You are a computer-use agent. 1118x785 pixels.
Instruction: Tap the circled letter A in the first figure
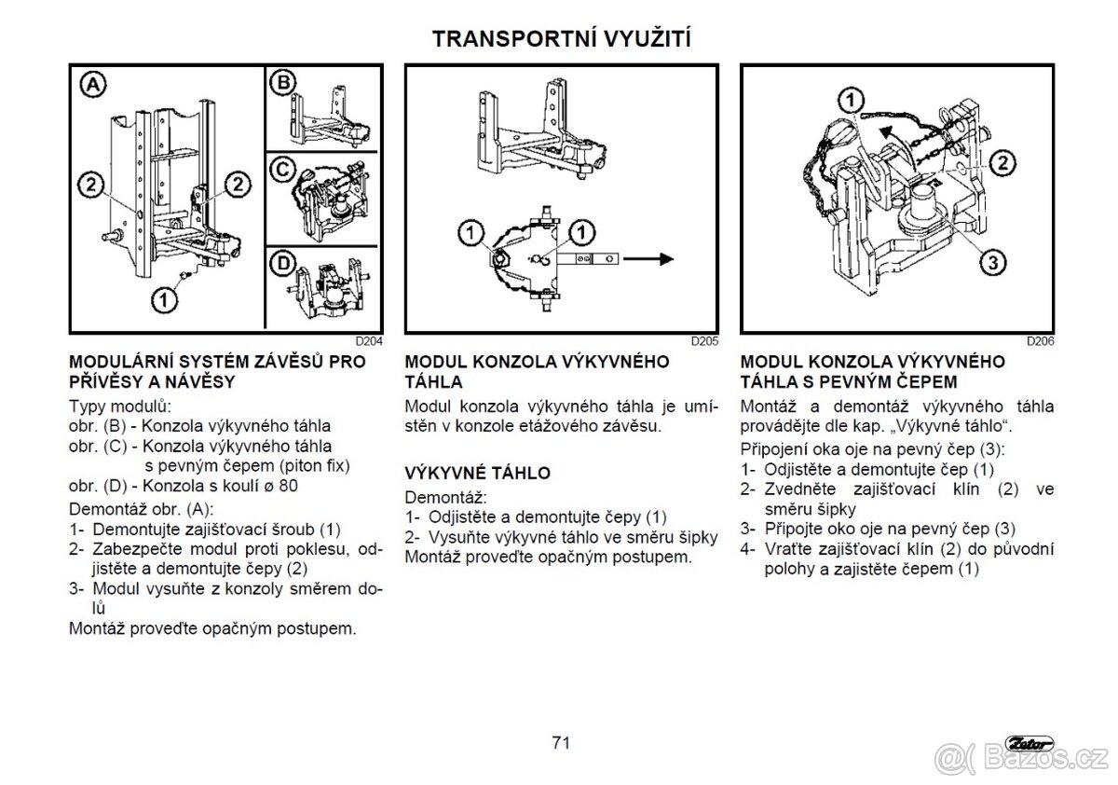click(92, 85)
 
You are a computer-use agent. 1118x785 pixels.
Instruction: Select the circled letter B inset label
click(281, 83)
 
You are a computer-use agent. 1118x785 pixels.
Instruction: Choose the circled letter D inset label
click(281, 264)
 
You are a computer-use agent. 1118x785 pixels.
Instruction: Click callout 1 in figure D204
click(165, 299)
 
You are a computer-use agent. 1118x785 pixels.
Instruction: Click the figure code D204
click(369, 341)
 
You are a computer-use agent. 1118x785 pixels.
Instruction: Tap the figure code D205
click(704, 341)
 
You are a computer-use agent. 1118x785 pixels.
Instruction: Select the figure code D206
click(1041, 341)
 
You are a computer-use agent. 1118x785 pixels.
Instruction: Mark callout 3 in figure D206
click(993, 262)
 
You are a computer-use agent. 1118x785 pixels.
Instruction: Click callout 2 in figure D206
click(1002, 164)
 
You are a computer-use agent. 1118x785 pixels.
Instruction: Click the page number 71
click(560, 743)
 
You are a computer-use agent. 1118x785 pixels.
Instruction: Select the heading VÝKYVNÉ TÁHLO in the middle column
click(477, 473)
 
